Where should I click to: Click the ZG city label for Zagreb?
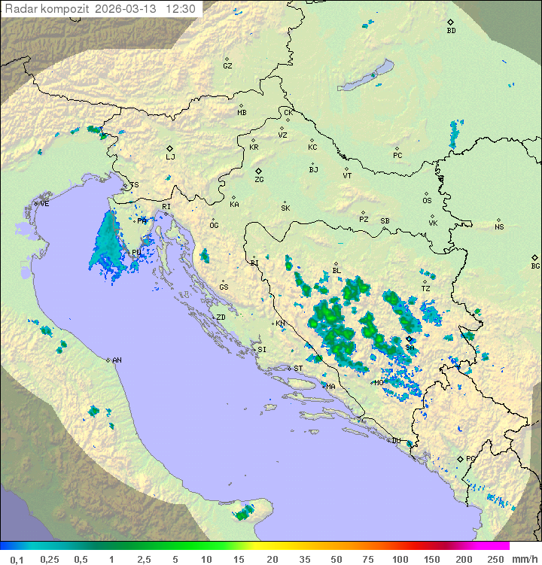[259, 180]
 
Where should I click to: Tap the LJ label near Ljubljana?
[170, 156]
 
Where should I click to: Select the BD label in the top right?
[451, 31]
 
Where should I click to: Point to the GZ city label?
[227, 65]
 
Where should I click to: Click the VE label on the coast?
[44, 204]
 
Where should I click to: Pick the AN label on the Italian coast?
[117, 360]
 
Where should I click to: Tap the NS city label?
[499, 227]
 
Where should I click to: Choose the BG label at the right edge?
[535, 266]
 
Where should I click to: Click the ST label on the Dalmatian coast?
[298, 369]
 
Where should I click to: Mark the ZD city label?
[221, 317]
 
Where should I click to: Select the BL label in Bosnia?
[336, 271]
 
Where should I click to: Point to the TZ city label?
[425, 288]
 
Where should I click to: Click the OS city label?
[427, 201]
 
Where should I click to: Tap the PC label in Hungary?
[397, 156]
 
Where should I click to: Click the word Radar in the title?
[20, 9]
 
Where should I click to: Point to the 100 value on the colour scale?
[400, 559]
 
